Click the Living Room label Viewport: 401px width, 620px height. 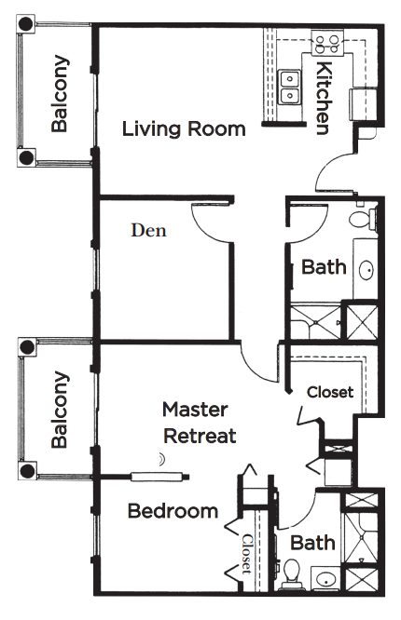click(184, 129)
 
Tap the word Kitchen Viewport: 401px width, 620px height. click(324, 99)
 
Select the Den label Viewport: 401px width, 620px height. click(148, 231)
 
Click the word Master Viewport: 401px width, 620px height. click(195, 410)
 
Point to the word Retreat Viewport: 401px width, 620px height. click(200, 436)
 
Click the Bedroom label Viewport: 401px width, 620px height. click(173, 511)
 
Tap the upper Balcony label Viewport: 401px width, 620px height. click(60, 93)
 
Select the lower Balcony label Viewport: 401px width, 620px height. click(60, 410)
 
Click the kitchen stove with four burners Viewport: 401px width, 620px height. click(327, 43)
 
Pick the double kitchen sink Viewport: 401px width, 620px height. click(289, 88)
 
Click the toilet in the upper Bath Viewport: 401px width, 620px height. click(363, 219)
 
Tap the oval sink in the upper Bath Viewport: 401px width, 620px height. click(366, 271)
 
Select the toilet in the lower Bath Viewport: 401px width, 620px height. click(292, 573)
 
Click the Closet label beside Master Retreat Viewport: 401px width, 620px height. click(330, 392)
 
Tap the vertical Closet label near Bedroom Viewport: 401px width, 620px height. click(246, 554)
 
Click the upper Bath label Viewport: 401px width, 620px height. click(324, 267)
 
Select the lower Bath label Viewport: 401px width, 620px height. click(312, 543)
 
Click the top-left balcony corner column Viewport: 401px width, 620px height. click(26, 24)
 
